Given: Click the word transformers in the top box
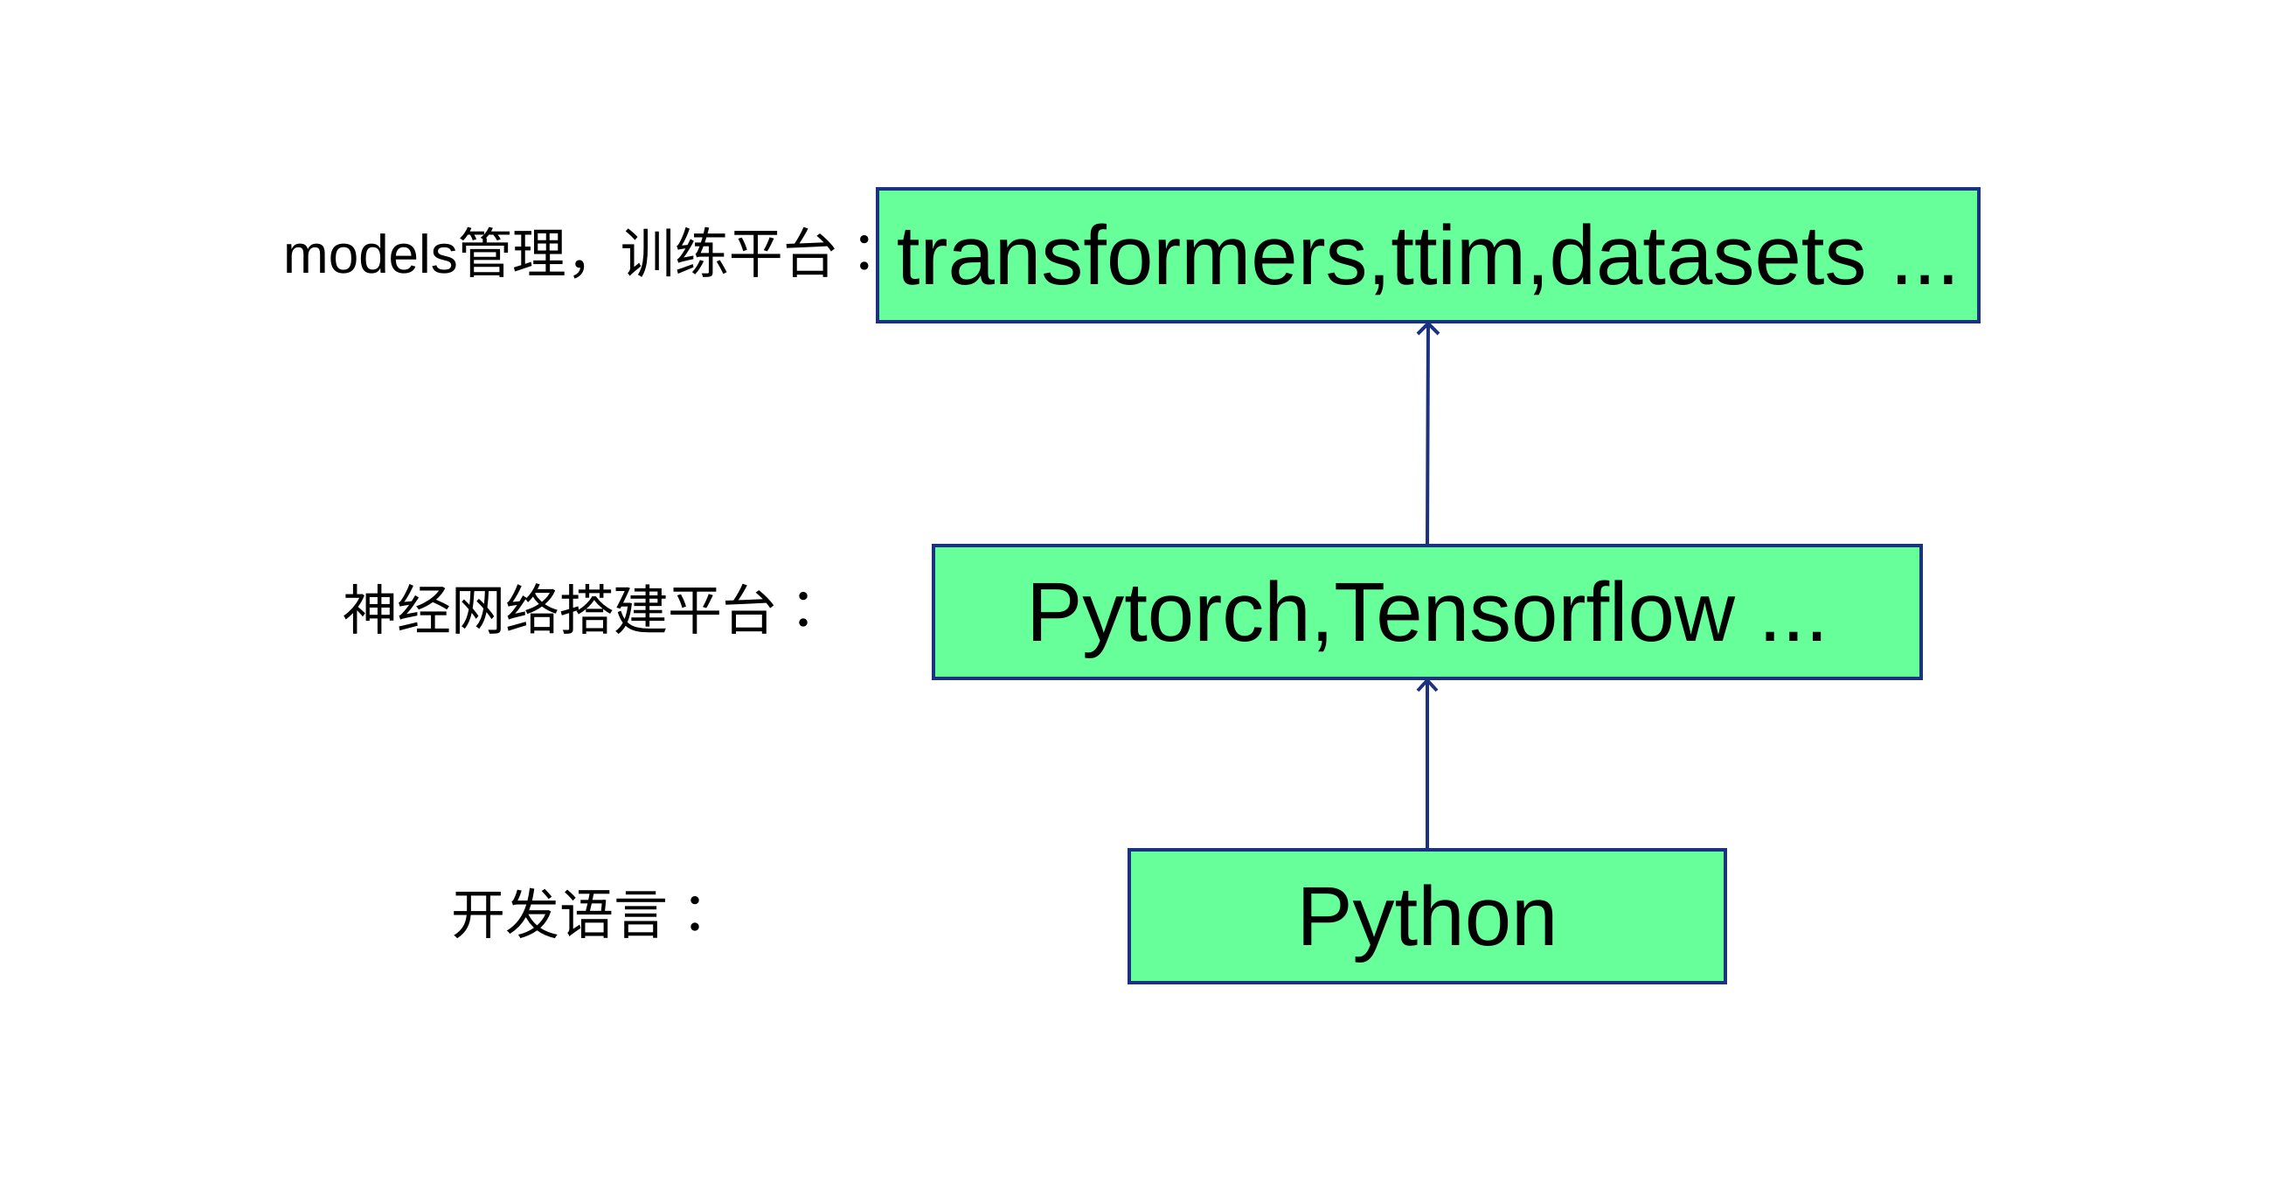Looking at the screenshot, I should pos(1132,258).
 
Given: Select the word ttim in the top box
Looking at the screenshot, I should pos(1458,258).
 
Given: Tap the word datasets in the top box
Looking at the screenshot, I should pos(1707,258).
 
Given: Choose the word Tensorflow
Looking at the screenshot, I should pos(1533,614).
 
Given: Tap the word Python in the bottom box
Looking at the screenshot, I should pos(1426,918).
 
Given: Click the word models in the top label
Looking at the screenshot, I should pos(370,255).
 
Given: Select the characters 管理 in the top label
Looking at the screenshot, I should pos(512,254).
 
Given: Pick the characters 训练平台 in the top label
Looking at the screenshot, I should pos(729,254).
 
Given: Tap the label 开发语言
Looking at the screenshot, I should pos(559,915).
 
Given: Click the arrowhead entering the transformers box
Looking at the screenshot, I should pos(1427,329).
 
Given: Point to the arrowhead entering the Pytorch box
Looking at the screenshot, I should pos(1426,685).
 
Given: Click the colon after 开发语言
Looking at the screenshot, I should pos(695,914).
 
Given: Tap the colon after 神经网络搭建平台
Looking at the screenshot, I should pos(803,610).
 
